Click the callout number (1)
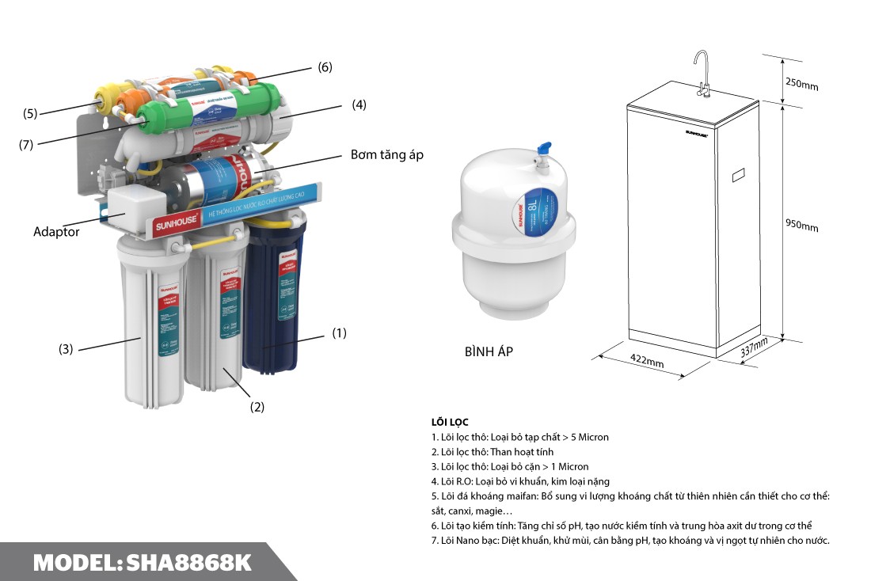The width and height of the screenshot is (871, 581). [339, 333]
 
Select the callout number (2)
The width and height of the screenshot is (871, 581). [257, 407]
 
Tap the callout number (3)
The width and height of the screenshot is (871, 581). [66, 348]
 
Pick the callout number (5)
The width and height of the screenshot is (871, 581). [30, 113]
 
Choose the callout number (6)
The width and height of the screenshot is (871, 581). [325, 67]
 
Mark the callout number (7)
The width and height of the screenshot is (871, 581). [27, 145]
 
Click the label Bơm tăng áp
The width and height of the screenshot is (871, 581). [387, 154]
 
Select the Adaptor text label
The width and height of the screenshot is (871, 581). [56, 232]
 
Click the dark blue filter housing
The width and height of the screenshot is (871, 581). [274, 301]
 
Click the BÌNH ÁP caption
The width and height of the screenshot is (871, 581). [489, 351]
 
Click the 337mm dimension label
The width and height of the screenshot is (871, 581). [754, 348]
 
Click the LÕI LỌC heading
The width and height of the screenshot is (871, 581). [450, 422]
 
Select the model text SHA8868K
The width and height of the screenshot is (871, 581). [188, 563]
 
